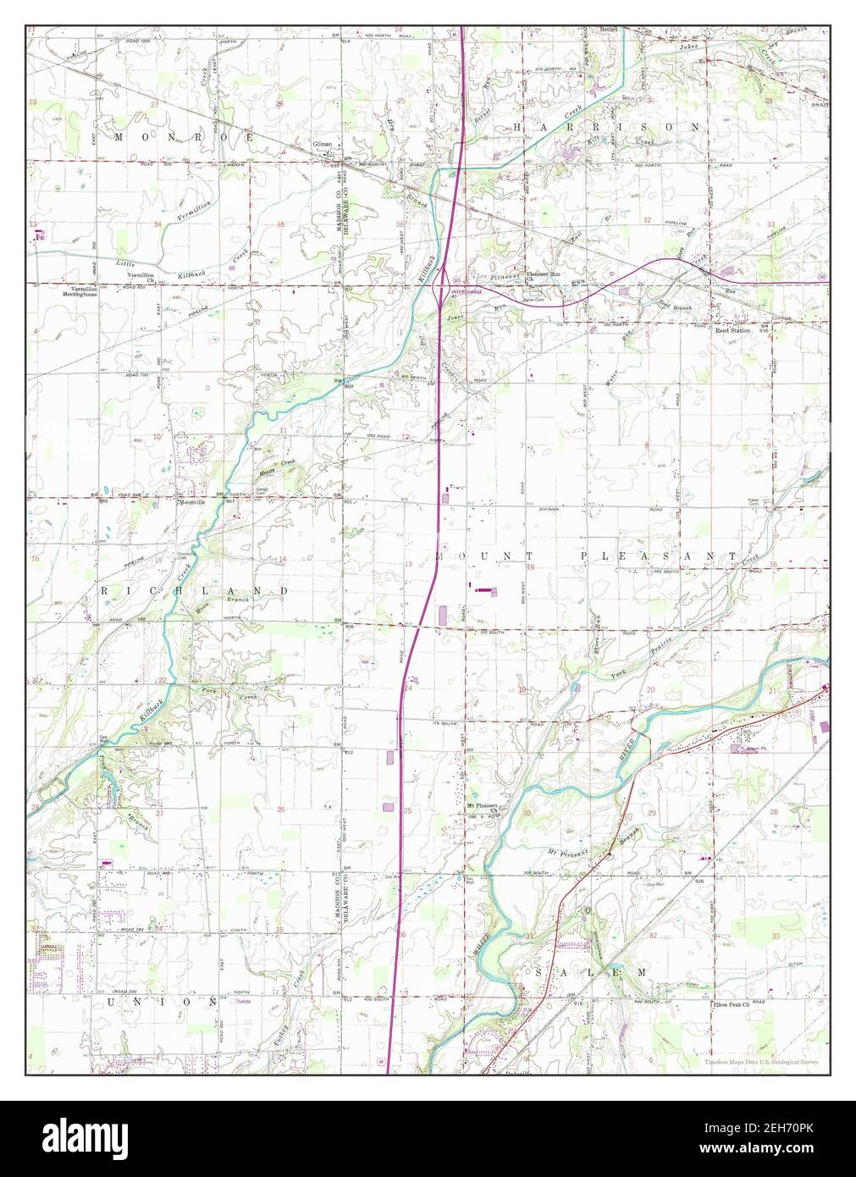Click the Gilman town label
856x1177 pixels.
[322, 145]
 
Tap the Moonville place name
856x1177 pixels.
[194, 501]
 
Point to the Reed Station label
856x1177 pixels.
[732, 330]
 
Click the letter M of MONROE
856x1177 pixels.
[119, 136]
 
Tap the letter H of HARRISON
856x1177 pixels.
[518, 126]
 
